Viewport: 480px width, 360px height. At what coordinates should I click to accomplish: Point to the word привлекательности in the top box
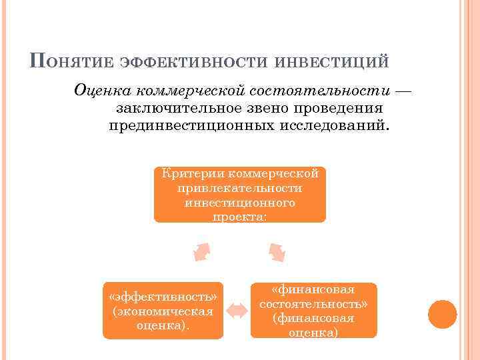[240, 188]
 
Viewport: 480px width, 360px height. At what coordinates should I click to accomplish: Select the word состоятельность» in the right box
[313, 304]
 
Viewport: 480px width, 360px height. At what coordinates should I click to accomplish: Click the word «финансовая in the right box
[313, 289]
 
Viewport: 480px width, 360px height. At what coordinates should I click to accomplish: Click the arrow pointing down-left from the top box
[202, 252]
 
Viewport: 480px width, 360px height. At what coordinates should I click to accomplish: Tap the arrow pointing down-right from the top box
[277, 252]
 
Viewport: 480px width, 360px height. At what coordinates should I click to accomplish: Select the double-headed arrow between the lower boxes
[236, 309]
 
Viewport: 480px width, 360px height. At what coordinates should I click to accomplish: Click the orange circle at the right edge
[442, 313]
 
